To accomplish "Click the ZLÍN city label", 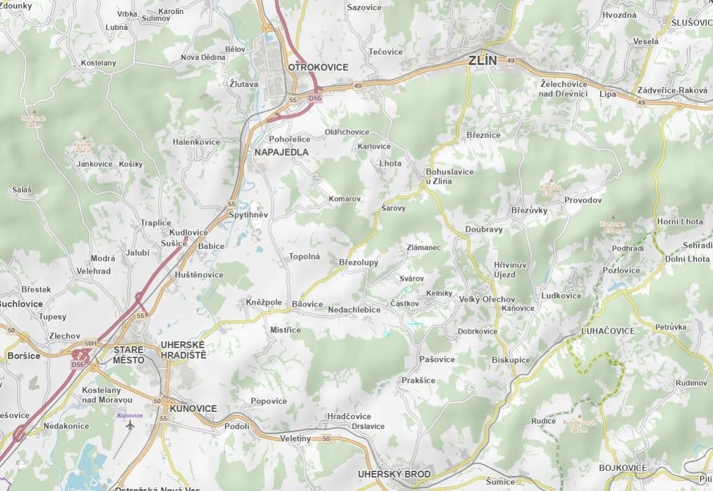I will click(482, 61).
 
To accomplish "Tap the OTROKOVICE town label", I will click(318, 68).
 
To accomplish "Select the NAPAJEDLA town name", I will click(282, 152).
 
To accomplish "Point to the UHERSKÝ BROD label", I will click(394, 474).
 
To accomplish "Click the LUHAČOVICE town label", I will click(607, 331).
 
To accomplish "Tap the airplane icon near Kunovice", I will click(130, 425).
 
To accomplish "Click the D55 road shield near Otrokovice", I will click(315, 98).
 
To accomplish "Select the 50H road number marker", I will click(91, 343).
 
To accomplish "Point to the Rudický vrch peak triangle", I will click(579, 416).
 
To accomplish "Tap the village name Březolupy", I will click(358, 263).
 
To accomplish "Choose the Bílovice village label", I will click(307, 304).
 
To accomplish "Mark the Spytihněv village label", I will click(248, 215).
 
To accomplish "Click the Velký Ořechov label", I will click(487, 299).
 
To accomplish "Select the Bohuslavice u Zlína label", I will click(449, 176).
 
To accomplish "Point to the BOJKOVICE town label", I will click(622, 468).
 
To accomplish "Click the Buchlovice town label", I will click(21, 304).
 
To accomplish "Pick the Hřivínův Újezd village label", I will click(510, 269).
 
